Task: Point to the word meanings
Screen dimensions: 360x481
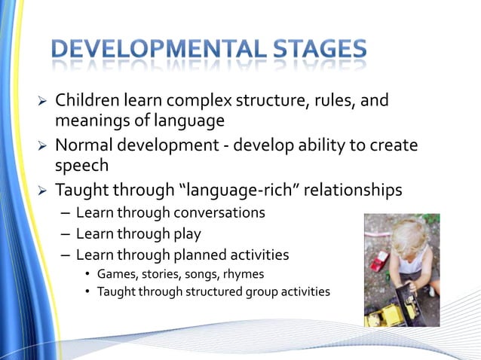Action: (x=89, y=119)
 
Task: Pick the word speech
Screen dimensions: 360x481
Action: (x=80, y=165)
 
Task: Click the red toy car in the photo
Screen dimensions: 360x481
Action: (x=378, y=261)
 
